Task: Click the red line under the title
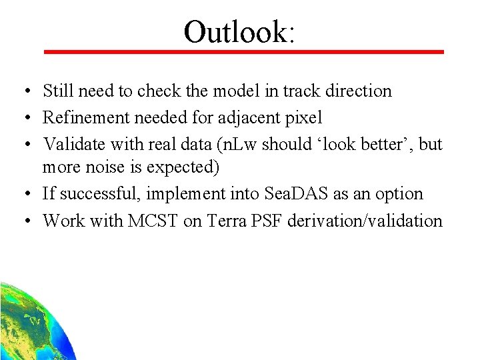tap(243, 51)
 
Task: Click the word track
tap(304, 91)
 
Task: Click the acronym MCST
tap(154, 221)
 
